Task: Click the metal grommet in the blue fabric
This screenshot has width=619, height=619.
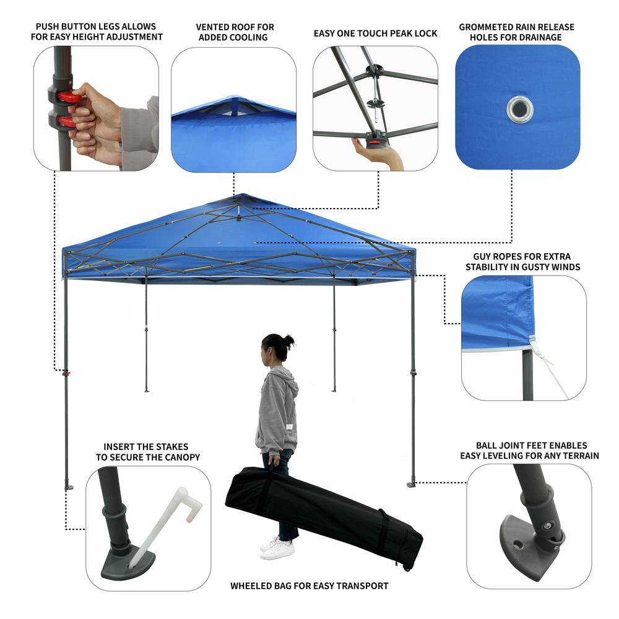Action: (519, 110)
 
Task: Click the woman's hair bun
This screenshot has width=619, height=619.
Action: (288, 341)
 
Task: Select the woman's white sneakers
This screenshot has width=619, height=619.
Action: (277, 548)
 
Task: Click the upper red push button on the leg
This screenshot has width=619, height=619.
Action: (69, 97)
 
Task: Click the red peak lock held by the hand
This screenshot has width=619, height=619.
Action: (375, 143)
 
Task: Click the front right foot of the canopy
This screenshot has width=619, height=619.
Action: (412, 484)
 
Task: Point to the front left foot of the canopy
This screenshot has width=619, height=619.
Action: (68, 487)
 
